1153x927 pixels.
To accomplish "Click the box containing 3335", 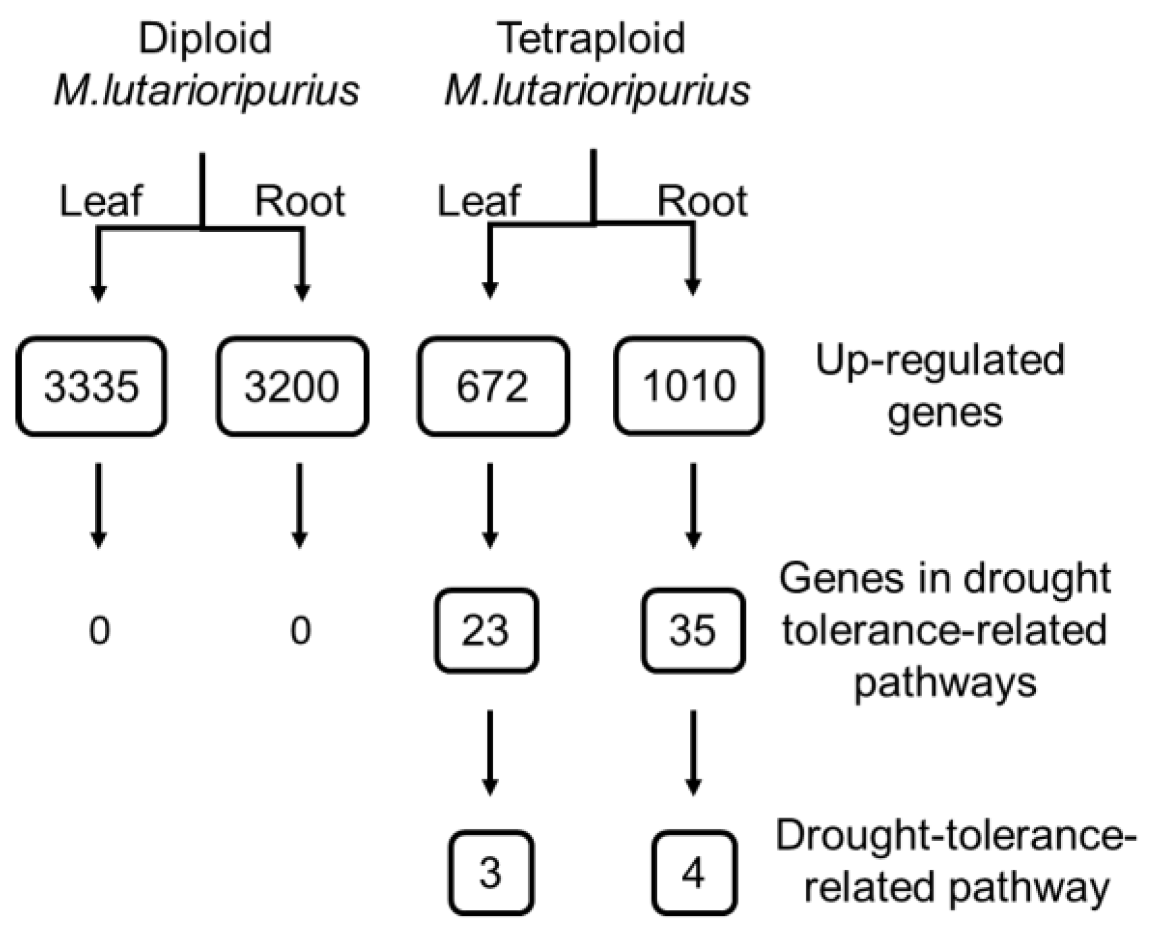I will coord(91,386).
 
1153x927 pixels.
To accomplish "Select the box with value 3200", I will coord(292,386).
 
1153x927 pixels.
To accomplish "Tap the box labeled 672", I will coord(493,386).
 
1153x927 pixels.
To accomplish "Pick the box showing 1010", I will coord(689,386).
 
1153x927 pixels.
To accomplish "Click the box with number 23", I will coord(486,630).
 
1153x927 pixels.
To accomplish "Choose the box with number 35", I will coord(693,630).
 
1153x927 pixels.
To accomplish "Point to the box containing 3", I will coord(491,872).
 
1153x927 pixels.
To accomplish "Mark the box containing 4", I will coord(693,872).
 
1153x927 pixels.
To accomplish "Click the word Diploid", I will coord(205,39).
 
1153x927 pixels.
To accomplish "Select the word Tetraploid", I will coord(592,39).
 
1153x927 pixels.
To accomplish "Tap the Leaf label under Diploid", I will coord(101,201).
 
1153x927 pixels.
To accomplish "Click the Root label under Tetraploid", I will coord(702,201).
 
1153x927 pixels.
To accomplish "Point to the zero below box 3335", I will coord(99,630).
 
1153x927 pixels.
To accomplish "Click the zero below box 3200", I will coord(300,630).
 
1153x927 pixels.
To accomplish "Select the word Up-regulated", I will coord(940,361).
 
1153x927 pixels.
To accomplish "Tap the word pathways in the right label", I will coord(945,683).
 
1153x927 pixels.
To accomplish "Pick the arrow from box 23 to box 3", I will coord(490,752).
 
